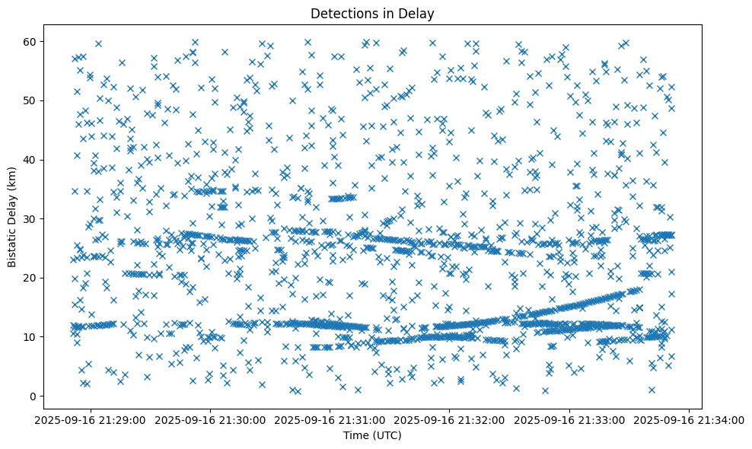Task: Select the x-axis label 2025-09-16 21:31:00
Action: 330,419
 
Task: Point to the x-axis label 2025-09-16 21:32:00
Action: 450,419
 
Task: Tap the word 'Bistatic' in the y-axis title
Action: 12,244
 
